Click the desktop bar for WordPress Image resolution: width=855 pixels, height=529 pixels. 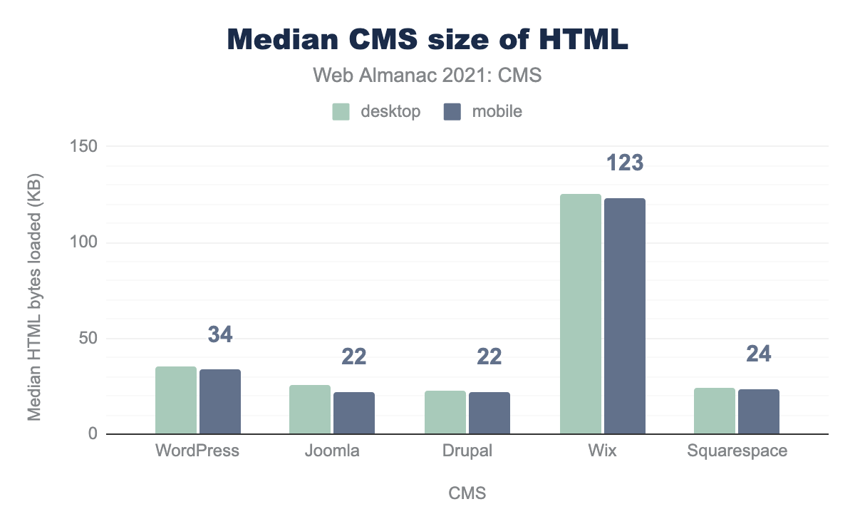tap(176, 400)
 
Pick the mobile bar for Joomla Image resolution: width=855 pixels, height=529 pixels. tap(354, 413)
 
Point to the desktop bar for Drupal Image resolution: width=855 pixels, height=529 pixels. tap(445, 412)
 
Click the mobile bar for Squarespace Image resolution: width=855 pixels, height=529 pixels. tap(759, 411)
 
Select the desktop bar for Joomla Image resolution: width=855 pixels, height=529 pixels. tap(310, 409)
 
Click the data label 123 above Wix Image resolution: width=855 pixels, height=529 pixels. tap(625, 163)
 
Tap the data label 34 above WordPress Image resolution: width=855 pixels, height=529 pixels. tap(220, 334)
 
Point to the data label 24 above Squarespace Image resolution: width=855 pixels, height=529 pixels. tap(759, 354)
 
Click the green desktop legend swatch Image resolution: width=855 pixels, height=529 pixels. tap(341, 111)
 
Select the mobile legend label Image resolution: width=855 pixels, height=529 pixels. tap(497, 111)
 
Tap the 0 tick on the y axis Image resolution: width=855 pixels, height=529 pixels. tap(92, 434)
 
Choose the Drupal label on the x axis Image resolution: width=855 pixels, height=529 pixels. tap(467, 451)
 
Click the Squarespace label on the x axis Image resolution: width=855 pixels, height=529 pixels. tap(737, 451)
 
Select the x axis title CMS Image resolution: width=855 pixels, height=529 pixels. tap(467, 493)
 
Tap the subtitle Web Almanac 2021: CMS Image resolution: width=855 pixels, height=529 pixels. tap(427, 76)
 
